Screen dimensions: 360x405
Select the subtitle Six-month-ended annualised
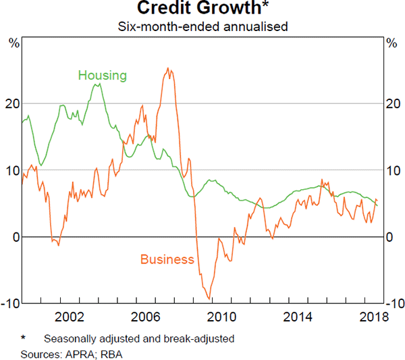pyautogui.click(x=202, y=27)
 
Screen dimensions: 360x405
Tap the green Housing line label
pyautogui.click(x=102, y=75)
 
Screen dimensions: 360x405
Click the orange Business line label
pyautogui.click(x=167, y=259)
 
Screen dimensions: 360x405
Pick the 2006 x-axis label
pyautogui.click(x=145, y=316)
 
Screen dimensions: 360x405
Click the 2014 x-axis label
pyautogui.click(x=298, y=316)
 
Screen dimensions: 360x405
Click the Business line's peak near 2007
pyautogui.click(x=168, y=68)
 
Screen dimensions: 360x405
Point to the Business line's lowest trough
pyautogui.click(x=209, y=298)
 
